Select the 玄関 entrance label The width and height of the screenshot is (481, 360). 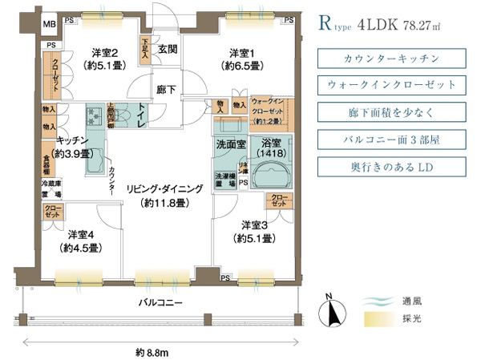pyautogui.click(x=167, y=50)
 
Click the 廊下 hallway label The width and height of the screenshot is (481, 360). pyautogui.click(x=167, y=91)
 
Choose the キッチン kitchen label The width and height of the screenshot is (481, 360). pyautogui.click(x=72, y=140)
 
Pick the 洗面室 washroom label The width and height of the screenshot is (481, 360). pyautogui.click(x=231, y=145)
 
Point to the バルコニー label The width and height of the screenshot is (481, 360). pyautogui.click(x=161, y=303)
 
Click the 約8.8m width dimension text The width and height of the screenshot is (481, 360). pyautogui.click(x=152, y=351)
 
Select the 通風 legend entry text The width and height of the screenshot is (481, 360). pyautogui.click(x=412, y=301)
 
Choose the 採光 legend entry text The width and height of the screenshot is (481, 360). pyautogui.click(x=412, y=319)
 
